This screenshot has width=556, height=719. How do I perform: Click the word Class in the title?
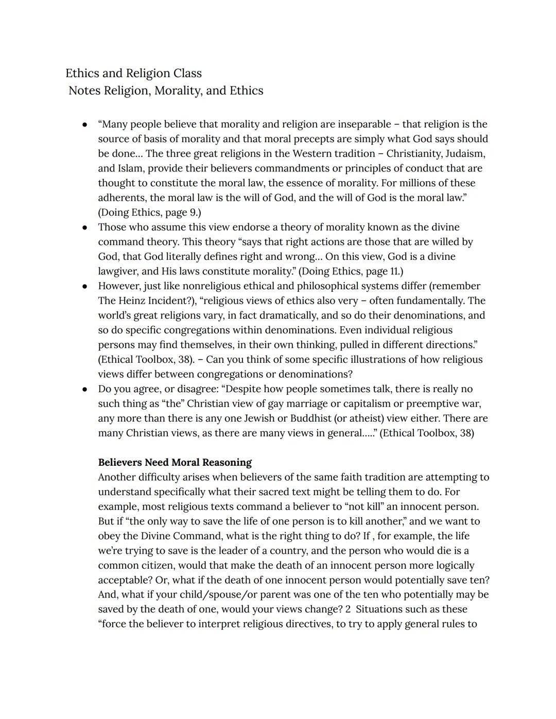tap(187, 73)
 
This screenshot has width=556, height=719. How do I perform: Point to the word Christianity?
tap(414, 153)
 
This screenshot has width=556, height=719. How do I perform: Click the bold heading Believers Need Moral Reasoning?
tap(175, 462)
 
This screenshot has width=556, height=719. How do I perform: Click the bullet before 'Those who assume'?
tap(84, 227)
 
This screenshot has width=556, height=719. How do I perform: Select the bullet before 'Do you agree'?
tap(84, 389)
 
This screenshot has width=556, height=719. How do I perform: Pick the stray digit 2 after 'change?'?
tap(348, 609)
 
